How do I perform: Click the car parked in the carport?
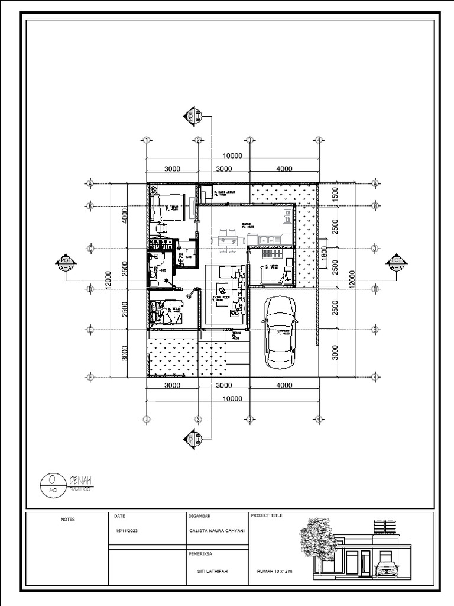click(x=280, y=332)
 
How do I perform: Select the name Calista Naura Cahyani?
click(x=216, y=531)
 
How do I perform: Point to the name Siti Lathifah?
click(x=212, y=571)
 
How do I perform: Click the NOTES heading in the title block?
click(x=68, y=519)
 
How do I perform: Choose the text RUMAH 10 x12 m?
click(x=274, y=571)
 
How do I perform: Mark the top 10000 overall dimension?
click(x=232, y=156)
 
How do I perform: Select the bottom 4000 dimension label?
click(x=284, y=385)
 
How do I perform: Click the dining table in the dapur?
click(x=228, y=240)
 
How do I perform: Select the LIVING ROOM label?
click(x=218, y=298)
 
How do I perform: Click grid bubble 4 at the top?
click(x=318, y=140)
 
